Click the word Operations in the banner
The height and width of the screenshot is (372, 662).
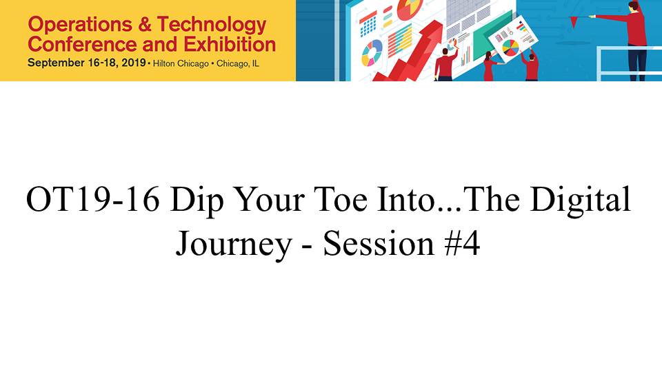[80, 25]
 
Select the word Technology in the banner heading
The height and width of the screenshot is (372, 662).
[212, 25]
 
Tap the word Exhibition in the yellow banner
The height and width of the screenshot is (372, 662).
[230, 44]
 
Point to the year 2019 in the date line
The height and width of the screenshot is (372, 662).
[133, 63]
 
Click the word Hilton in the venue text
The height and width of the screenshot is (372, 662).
[163, 63]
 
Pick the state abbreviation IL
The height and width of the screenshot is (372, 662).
[255, 63]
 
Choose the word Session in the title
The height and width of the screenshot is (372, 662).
[379, 243]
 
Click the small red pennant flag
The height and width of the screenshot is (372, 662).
[574, 21]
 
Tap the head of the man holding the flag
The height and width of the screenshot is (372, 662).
[633, 7]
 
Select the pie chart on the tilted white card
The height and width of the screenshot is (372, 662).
[510, 47]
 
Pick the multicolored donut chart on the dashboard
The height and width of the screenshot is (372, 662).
[372, 53]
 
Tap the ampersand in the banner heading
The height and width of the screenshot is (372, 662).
[144, 25]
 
